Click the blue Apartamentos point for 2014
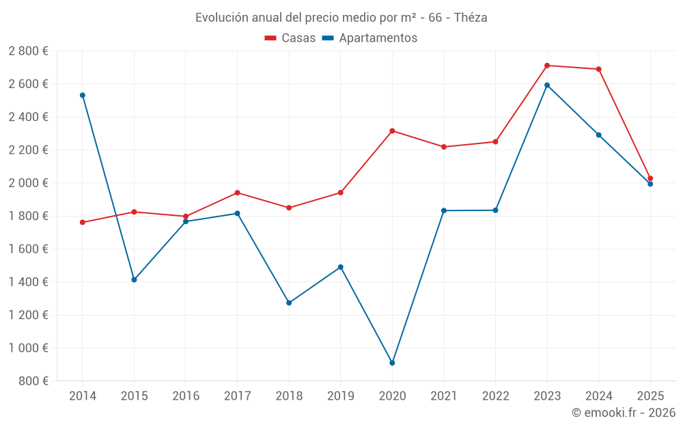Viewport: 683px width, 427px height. click(x=83, y=95)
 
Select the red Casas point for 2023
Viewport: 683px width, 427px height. click(x=547, y=66)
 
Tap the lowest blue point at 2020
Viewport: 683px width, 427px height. click(x=392, y=363)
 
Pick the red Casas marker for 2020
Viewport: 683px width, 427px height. click(x=392, y=130)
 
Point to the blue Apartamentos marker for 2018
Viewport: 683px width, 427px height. click(x=289, y=303)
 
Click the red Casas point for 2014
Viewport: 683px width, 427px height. click(x=83, y=222)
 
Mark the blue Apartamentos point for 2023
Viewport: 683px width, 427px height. click(x=547, y=85)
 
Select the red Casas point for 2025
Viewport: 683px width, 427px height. click(x=650, y=178)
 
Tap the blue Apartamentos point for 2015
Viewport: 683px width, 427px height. click(x=134, y=279)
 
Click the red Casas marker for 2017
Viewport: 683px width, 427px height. click(x=237, y=193)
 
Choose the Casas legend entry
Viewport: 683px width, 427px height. click(x=290, y=38)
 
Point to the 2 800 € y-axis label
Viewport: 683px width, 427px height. click(x=28, y=51)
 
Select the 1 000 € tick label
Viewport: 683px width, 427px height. click(x=28, y=348)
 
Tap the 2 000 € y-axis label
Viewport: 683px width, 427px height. click(x=28, y=183)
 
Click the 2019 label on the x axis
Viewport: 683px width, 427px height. click(x=340, y=396)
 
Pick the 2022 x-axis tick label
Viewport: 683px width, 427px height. click(x=495, y=396)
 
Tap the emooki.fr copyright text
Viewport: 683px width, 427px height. click(x=624, y=413)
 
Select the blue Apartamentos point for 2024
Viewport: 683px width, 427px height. click(x=599, y=135)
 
